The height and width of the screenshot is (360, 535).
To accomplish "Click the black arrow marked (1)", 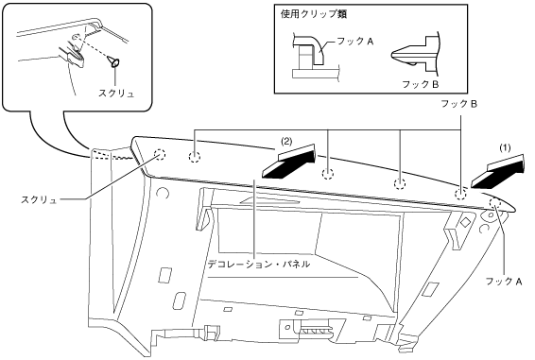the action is [497, 172].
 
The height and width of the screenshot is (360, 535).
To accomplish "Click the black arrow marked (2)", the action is [288, 162].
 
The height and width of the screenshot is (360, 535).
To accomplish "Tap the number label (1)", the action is [506, 147].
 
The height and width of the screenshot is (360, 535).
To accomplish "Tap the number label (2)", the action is [285, 142].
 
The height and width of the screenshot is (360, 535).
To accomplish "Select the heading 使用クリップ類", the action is [314, 14].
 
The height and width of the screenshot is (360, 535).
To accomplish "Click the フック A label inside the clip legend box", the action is [354, 42].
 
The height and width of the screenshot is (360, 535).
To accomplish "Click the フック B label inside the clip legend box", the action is [421, 84].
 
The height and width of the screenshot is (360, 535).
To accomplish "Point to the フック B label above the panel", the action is [459, 104].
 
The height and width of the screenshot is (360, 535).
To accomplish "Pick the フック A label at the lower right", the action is [504, 282].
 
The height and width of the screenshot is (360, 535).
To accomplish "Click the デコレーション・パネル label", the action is [259, 264].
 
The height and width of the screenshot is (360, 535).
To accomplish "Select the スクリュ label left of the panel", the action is [39, 200].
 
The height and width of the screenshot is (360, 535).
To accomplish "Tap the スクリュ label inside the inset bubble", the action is [116, 94].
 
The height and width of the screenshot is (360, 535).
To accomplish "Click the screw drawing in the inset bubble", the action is [114, 61].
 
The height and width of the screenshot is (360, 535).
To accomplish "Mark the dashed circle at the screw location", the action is [160, 155].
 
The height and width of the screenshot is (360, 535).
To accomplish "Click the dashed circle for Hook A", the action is [494, 203].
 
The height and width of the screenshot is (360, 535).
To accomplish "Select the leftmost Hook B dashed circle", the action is [195, 157].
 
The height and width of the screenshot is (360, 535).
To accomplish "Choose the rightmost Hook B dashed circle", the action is [460, 195].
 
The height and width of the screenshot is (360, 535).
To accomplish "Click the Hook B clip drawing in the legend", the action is [416, 54].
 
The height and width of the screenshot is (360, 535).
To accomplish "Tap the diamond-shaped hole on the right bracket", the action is [464, 222].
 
